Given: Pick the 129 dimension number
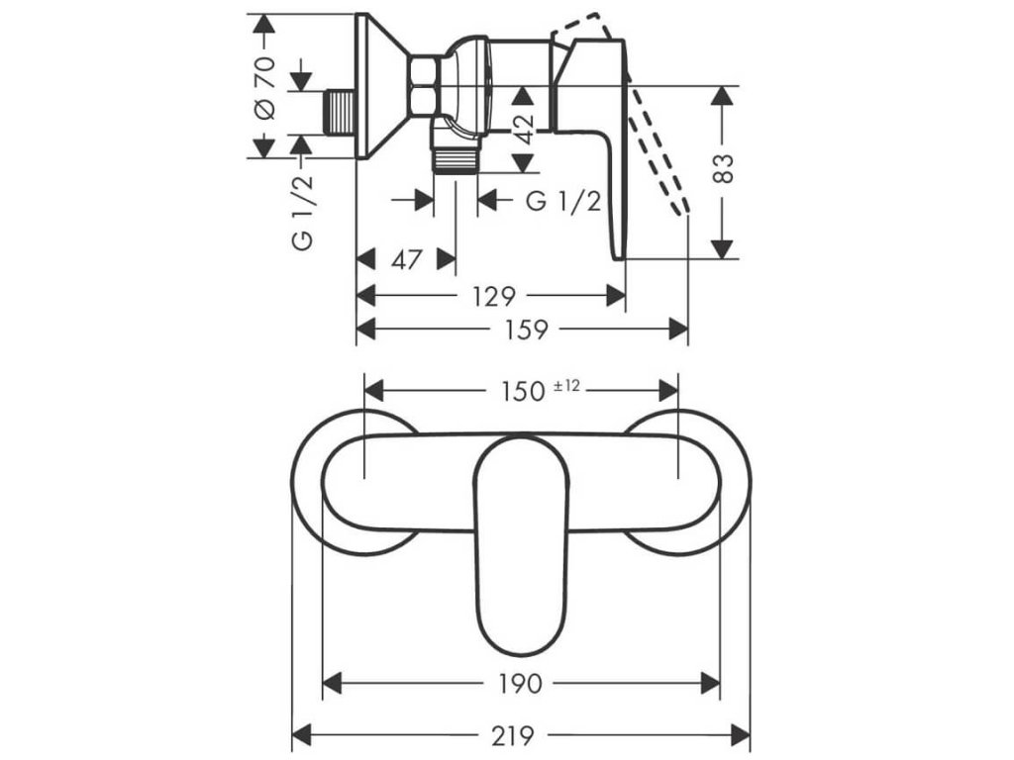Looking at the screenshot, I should click(x=491, y=296).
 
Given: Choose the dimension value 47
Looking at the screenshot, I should click(x=407, y=260).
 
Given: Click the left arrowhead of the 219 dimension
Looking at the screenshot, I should click(x=298, y=736).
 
